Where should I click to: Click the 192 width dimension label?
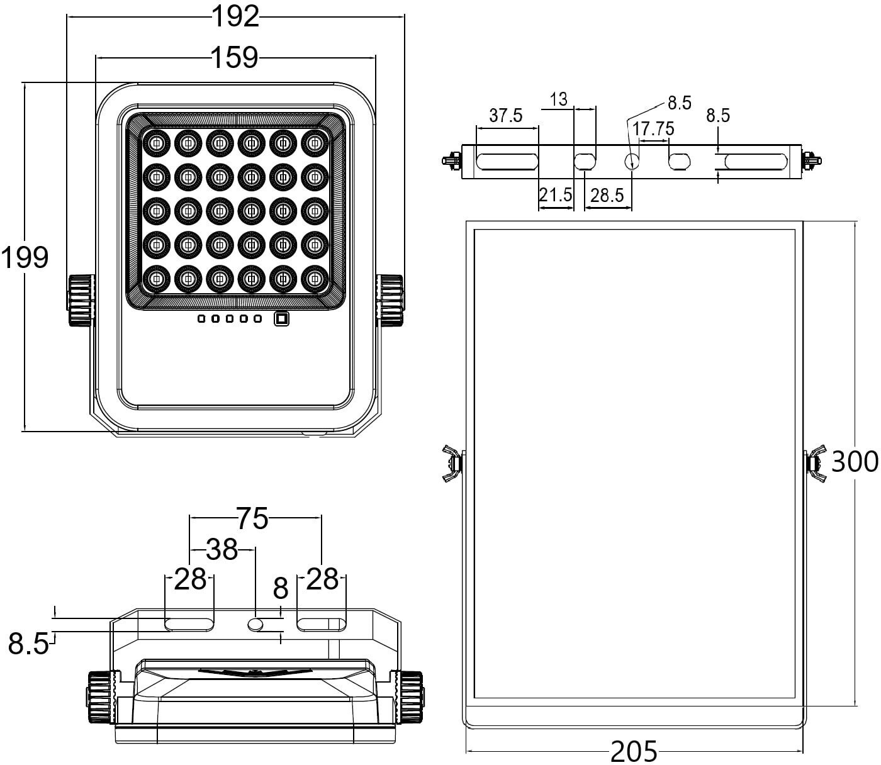pos(236,17)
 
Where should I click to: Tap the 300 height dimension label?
pos(855,461)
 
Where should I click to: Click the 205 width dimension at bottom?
pos(634,751)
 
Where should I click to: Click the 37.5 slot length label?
pos(506,115)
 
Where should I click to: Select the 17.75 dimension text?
pos(653,129)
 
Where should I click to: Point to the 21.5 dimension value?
pos(556,195)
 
